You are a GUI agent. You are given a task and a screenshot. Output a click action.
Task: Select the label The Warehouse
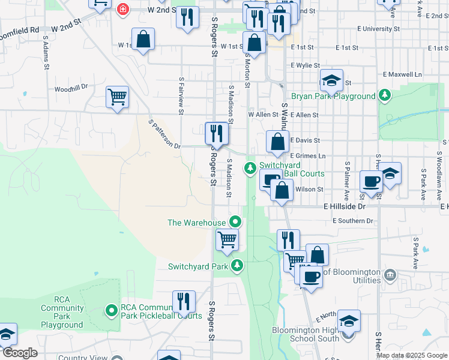pos(196,223)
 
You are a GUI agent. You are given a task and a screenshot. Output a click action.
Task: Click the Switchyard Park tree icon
pos(238,265)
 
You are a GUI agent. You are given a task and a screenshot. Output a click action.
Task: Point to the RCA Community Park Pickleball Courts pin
pos(111,310)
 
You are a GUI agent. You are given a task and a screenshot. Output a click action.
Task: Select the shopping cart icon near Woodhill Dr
pos(117,97)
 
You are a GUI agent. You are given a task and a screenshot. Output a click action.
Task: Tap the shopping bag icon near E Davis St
pos(277,143)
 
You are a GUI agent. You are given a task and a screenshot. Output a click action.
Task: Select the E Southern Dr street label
pos(352,221)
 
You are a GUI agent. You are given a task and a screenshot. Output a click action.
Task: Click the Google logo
pos(19,352)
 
